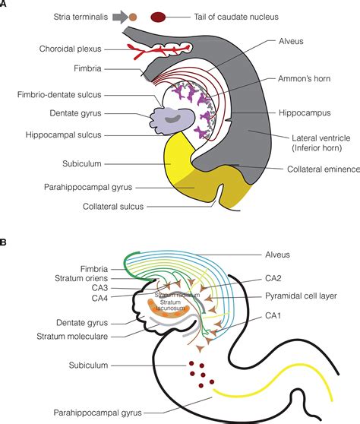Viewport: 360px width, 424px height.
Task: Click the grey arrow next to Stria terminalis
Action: tap(118, 15)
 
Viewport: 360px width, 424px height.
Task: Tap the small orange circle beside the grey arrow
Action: tap(134, 16)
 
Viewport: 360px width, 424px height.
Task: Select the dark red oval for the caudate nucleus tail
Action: tap(159, 16)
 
